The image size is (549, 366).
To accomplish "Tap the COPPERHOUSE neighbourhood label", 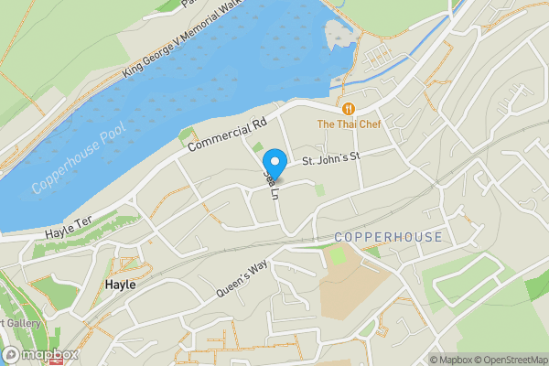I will pos(388,237).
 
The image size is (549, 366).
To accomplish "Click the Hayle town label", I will pos(120,285).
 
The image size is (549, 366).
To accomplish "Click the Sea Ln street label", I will pos(270,181).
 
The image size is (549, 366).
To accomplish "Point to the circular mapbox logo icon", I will pos(12,355).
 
